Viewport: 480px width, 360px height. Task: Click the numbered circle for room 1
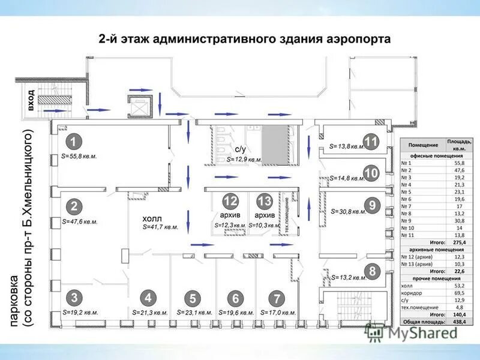73,142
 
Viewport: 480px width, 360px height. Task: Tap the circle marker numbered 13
264,201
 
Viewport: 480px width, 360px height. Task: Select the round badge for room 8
372,272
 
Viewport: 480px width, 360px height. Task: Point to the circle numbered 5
192,298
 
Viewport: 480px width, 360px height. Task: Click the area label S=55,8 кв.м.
79,155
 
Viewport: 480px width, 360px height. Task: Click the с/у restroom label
240,149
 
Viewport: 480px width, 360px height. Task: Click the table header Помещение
423,146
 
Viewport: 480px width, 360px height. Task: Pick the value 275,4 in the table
459,242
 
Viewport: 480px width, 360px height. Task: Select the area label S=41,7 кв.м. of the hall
161,227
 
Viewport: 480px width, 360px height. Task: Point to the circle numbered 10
371,173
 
